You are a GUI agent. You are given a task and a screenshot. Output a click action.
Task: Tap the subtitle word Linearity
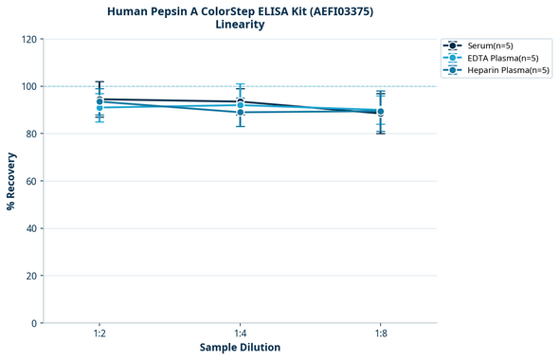point(240,25)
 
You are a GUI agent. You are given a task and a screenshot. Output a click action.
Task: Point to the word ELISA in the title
point(268,11)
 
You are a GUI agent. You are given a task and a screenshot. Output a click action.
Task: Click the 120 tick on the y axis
point(28,39)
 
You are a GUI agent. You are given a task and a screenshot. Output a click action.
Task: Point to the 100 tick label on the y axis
point(28,86)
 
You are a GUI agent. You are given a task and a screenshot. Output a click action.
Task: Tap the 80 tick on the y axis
point(31,134)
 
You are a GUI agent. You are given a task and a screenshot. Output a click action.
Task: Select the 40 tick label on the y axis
point(31,228)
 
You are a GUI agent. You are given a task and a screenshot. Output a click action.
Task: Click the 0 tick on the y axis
point(34,323)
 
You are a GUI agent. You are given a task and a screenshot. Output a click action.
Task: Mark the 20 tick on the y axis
point(31,276)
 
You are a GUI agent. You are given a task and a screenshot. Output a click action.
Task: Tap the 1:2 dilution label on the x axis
point(99,334)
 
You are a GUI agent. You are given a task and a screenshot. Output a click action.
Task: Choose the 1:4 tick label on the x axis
point(240,334)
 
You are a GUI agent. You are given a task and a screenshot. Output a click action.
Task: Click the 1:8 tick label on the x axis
point(380,334)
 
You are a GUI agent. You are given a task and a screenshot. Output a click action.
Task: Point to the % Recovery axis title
point(11,180)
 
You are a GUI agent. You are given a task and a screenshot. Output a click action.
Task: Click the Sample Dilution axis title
point(240,348)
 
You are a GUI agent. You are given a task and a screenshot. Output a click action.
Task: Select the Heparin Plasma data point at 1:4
point(240,113)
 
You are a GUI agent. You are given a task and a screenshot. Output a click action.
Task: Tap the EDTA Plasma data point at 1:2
point(99,108)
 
